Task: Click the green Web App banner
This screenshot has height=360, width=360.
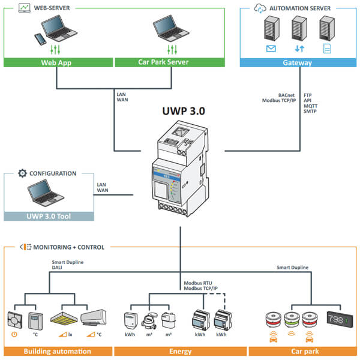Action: click(58, 62)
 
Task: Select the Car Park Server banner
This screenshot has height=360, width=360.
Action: click(170, 62)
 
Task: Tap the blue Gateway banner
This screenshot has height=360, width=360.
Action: click(298, 62)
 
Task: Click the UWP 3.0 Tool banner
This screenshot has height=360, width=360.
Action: click(49, 216)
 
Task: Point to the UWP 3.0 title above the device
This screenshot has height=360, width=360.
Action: click(184, 111)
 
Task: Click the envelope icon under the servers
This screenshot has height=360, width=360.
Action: click(271, 49)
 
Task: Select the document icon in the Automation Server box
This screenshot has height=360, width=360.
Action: click(327, 49)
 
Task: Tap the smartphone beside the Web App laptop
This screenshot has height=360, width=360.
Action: click(40, 39)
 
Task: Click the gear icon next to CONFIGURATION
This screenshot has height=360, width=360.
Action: click(22, 173)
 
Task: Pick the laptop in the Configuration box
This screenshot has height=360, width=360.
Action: click(46, 193)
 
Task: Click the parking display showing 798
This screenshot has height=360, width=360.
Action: click(340, 319)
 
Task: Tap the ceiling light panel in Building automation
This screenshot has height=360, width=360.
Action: click(64, 319)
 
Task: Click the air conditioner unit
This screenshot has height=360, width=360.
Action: click(94, 317)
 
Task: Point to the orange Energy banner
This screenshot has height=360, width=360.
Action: click(181, 351)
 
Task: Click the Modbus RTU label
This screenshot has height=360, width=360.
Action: click(198, 283)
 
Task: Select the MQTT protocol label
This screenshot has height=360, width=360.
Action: click(310, 106)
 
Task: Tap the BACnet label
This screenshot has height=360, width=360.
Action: click(286, 95)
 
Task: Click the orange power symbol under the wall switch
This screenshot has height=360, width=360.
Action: click(14, 334)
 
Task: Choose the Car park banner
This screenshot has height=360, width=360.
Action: click(305, 351)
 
